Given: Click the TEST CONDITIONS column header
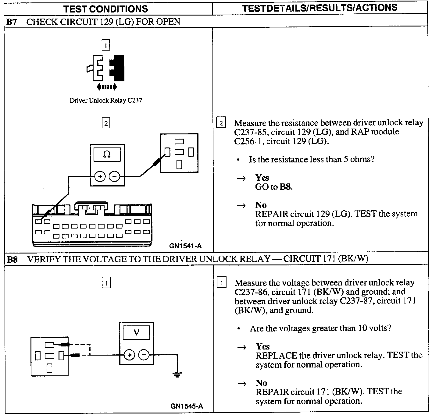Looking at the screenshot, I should point(105,9).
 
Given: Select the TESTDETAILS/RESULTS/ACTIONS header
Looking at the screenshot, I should point(320,8).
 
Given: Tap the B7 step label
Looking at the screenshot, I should point(12,22).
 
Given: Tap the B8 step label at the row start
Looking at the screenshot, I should point(12,259).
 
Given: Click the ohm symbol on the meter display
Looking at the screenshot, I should point(107,154).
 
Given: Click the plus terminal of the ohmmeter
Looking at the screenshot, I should point(100,176).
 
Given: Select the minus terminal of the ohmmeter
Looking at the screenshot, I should point(114,176).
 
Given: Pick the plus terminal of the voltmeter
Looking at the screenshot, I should point(129,355).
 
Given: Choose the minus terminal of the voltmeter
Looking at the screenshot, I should point(144,355).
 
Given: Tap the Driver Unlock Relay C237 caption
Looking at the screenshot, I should point(106,101).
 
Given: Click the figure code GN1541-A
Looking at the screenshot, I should point(185,246).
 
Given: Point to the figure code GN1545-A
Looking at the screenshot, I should point(187,406).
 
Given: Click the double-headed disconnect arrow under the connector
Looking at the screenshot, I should point(106,87).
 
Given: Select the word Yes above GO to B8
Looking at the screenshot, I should point(262,178).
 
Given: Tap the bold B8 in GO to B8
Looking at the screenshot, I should point(285,187).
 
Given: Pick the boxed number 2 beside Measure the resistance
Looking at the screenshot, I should point(221,123).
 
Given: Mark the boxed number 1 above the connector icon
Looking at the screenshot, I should point(105,45).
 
